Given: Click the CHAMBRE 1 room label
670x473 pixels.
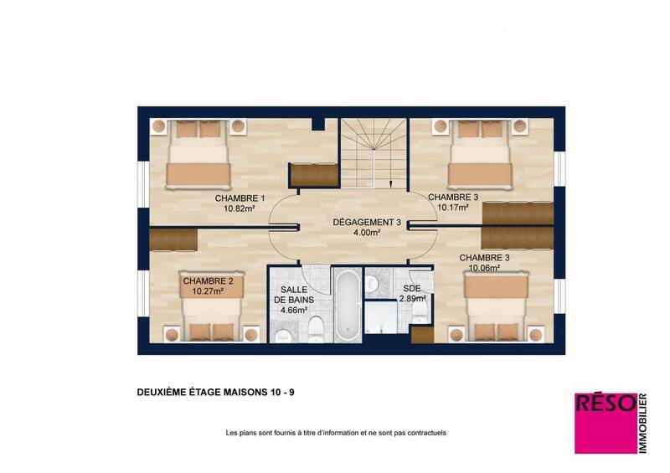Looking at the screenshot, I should pyautogui.click(x=240, y=198).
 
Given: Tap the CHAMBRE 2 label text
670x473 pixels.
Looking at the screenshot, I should pyautogui.click(x=214, y=281).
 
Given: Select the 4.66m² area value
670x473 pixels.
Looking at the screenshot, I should pyautogui.click(x=294, y=310).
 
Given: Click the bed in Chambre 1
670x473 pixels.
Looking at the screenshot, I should pyautogui.click(x=198, y=155).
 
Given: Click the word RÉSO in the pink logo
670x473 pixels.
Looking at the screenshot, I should pyautogui.click(x=602, y=404).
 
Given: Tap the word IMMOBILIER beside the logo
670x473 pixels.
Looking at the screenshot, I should pyautogui.click(x=643, y=424).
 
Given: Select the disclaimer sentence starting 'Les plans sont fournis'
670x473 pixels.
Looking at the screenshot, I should pyautogui.click(x=336, y=433).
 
